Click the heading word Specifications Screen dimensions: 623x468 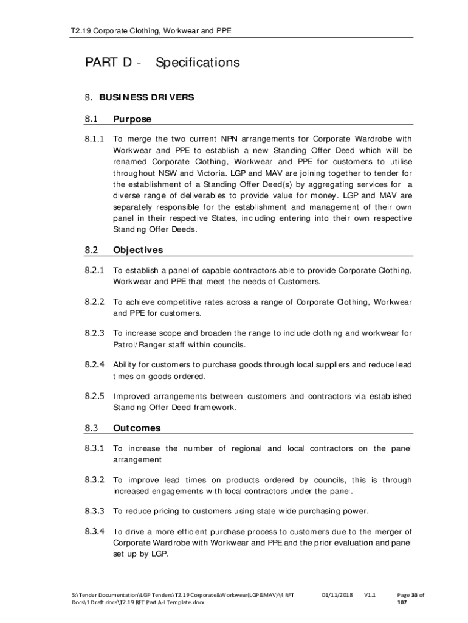coord(198,63)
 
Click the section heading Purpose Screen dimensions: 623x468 coord(132,119)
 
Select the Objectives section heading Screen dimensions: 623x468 coord(138,250)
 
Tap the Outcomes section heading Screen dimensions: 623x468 coord(137,428)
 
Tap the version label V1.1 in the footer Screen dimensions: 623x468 coord(370,594)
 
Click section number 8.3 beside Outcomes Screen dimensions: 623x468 coord(91,428)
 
